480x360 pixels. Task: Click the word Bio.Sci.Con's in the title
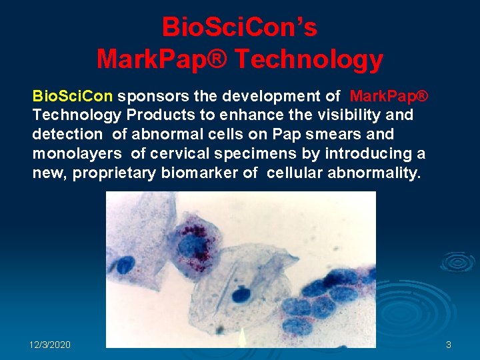coord(239,28)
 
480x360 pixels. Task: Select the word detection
coord(67,134)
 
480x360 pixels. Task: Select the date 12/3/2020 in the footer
coord(50,345)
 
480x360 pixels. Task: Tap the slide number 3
coord(448,345)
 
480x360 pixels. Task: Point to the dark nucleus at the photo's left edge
coord(124,265)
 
